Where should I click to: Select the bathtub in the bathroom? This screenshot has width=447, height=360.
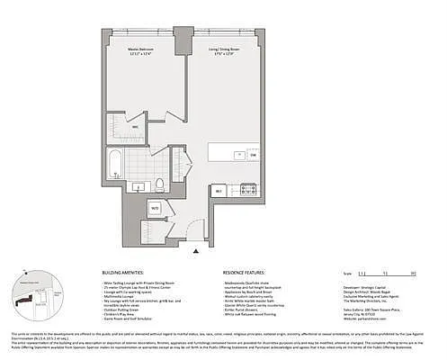point(116,165)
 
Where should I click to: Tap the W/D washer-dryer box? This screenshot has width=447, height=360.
point(155,209)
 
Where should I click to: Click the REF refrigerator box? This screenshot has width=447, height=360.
point(219,190)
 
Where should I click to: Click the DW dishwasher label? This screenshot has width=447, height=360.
point(255,155)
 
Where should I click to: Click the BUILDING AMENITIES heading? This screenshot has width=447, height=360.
point(128,271)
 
